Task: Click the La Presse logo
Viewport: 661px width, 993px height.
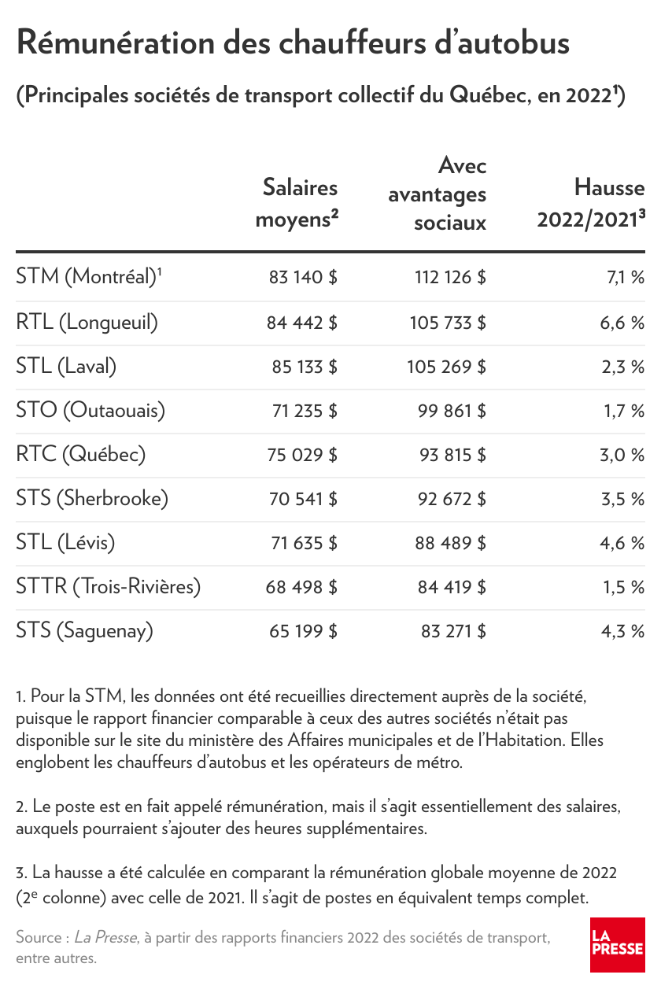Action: pyautogui.click(x=617, y=945)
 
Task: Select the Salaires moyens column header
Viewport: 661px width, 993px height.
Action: pyautogui.click(x=297, y=203)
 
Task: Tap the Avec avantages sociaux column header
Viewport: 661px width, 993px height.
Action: pyautogui.click(x=437, y=194)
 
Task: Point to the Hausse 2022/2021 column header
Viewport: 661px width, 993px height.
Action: pyautogui.click(x=591, y=203)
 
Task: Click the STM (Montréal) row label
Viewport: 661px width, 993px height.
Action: pyautogui.click(x=89, y=277)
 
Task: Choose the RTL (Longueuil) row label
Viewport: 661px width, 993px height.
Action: pyautogui.click(x=87, y=322)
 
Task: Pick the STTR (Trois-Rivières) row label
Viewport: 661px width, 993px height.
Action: pyautogui.click(x=108, y=586)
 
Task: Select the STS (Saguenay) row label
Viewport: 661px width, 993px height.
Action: pyautogui.click(x=85, y=631)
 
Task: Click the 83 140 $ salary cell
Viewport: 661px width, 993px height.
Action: pyautogui.click(x=303, y=278)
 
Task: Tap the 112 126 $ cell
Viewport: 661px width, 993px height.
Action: pyautogui.click(x=450, y=278)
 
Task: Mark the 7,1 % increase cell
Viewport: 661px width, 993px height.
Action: pyautogui.click(x=626, y=278)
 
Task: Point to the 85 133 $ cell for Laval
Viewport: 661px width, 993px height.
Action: pyautogui.click(x=305, y=367)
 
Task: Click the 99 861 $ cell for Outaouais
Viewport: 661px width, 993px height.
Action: pyautogui.click(x=452, y=411)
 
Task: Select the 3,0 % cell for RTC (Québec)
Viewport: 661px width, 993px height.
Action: pyautogui.click(x=622, y=455)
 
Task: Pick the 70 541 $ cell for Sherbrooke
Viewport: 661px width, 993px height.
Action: pyautogui.click(x=303, y=499)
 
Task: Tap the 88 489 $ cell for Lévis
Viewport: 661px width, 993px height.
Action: pyautogui.click(x=450, y=543)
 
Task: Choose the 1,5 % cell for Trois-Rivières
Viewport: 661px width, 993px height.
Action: pyautogui.click(x=624, y=587)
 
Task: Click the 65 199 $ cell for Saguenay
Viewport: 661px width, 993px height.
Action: pyautogui.click(x=303, y=631)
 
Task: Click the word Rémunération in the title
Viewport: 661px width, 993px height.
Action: pyautogui.click(x=116, y=42)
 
